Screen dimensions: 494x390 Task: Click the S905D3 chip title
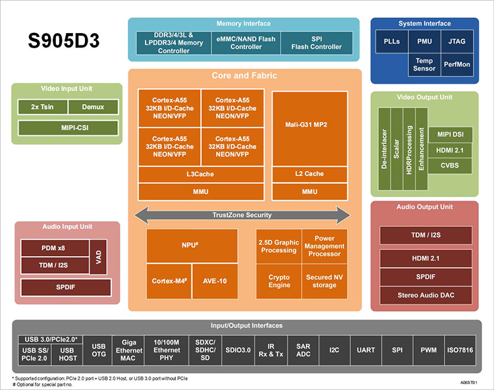[64, 40]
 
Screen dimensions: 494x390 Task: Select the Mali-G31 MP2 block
[310, 129]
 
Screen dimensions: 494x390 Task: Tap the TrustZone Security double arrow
[242, 215]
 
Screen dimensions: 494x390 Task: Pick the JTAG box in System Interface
[457, 42]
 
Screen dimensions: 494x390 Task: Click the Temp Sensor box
[424, 65]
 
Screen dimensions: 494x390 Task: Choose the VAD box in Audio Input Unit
[98, 257]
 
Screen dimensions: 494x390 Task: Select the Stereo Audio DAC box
[425, 296]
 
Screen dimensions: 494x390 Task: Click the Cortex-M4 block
[169, 281]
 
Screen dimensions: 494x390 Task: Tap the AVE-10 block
[215, 281]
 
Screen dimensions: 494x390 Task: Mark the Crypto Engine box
[279, 281]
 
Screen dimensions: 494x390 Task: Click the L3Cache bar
[201, 174]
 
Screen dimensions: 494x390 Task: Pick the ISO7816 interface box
[460, 350]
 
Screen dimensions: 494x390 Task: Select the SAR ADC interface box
[303, 350]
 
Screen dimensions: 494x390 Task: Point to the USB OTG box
[98, 350]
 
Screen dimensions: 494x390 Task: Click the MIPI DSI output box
[451, 135]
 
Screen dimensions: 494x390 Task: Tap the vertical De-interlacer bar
[385, 149]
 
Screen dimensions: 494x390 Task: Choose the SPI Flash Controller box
[317, 43]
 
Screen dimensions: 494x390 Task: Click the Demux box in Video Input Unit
[94, 107]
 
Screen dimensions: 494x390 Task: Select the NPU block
[192, 245]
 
